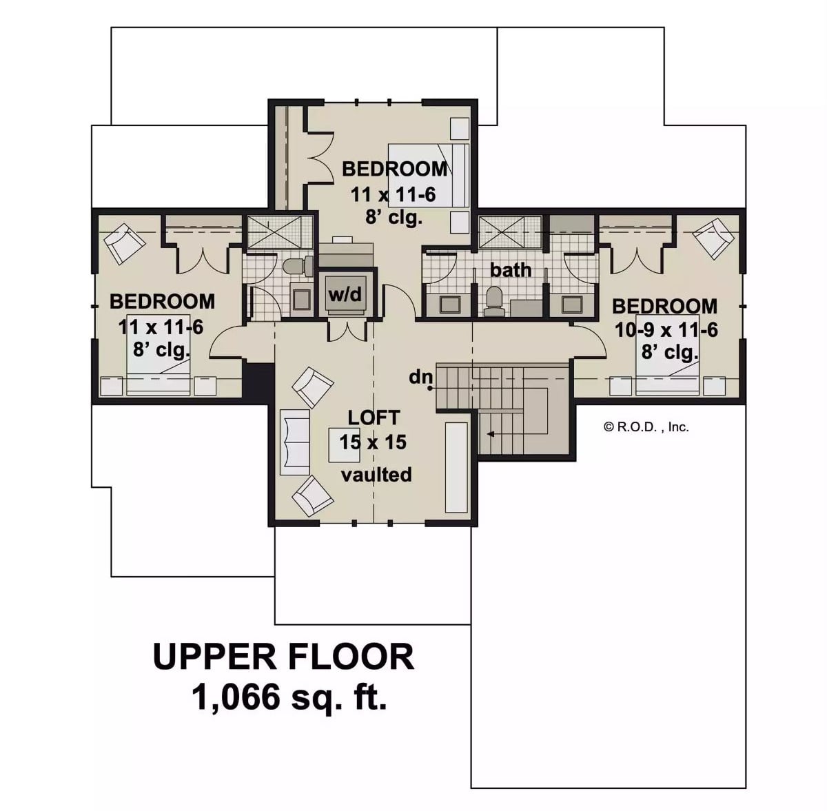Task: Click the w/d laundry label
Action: pos(345,295)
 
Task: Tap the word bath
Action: pos(511,270)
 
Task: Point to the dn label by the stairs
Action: pos(420,377)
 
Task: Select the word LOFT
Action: pos(373,418)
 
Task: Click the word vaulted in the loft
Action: pos(377,474)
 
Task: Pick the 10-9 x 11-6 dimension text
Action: pos(666,330)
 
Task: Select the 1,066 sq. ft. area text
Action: pos(289,698)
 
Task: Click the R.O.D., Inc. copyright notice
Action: pos(646,427)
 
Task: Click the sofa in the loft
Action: pos(294,441)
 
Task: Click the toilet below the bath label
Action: pos(493,300)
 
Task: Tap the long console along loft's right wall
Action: pos(456,467)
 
